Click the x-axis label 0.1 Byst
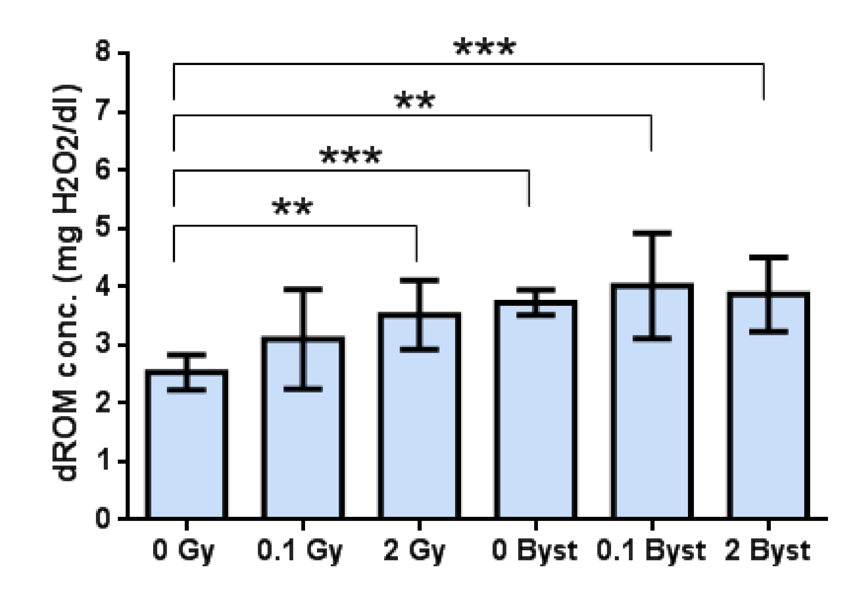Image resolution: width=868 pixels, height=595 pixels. tap(651, 551)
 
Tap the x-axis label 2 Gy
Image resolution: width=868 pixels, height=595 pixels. tap(414, 551)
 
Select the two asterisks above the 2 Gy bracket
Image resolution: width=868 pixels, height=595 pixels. tap(293, 207)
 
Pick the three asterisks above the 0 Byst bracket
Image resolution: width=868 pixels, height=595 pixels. tap(351, 156)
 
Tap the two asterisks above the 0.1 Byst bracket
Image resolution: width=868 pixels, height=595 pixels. tap(414, 100)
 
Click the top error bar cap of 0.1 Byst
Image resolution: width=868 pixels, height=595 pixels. tap(652, 234)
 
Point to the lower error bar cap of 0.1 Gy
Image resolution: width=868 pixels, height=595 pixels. tap(303, 389)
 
